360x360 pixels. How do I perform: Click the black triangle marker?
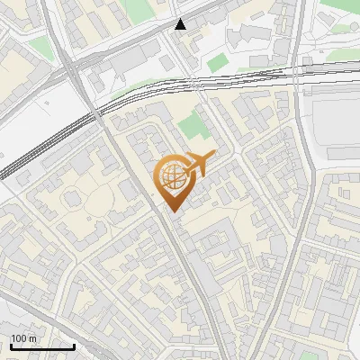(x=181, y=24)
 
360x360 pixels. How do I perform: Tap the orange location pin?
(x=173, y=181)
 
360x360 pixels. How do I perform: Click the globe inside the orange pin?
(x=171, y=176)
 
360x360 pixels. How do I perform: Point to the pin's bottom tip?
(x=171, y=211)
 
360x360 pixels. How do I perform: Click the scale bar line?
(x=42, y=346)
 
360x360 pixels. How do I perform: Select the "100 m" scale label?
(x=24, y=338)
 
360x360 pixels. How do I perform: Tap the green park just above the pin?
(x=192, y=128)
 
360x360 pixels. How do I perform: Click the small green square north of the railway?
(x=217, y=62)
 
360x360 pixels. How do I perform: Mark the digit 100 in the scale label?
(x=19, y=338)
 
